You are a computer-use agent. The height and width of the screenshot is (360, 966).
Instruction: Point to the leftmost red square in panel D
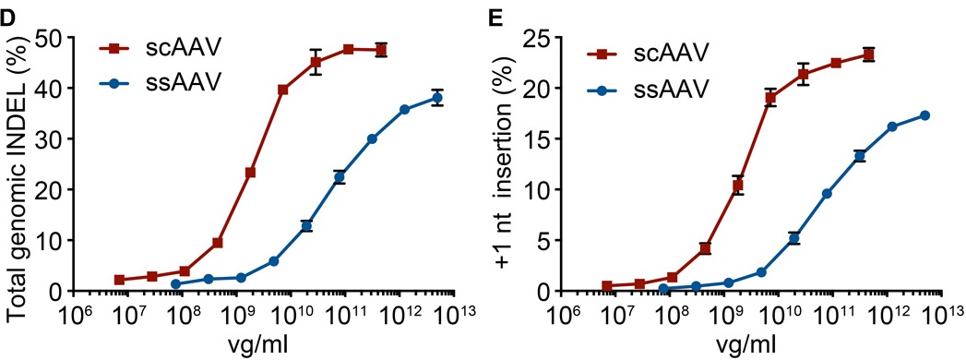(119, 280)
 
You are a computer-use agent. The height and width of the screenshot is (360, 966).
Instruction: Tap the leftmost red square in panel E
(607, 286)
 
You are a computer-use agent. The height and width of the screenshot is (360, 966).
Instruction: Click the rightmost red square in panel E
(868, 54)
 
